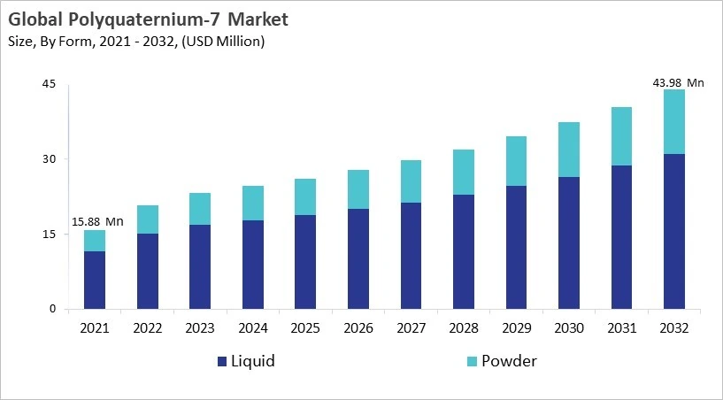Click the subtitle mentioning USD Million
(137, 42)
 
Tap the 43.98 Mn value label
(677, 82)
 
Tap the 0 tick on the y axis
(52, 309)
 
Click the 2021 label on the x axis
(95, 327)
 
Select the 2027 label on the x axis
(411, 327)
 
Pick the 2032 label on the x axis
(674, 327)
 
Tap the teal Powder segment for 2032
(674, 121)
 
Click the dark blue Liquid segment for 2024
(253, 265)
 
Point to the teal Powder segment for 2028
(464, 172)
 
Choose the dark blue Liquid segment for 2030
(569, 242)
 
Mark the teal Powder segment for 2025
(305, 196)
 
